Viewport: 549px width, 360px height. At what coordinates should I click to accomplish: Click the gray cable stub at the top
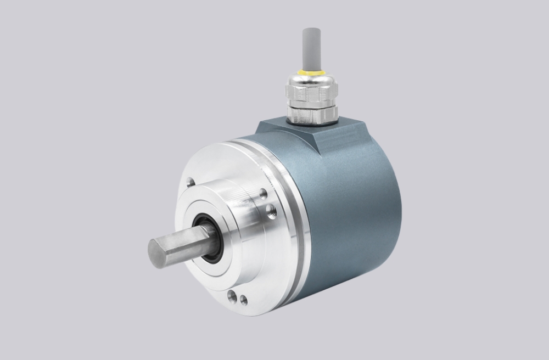tap(311, 47)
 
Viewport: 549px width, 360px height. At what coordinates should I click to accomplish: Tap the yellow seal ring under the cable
tap(311, 72)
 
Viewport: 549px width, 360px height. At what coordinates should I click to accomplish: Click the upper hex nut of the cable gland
tap(311, 94)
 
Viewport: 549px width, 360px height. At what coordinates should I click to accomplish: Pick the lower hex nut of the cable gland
tap(312, 113)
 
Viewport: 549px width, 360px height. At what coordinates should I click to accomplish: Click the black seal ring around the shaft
tap(214, 241)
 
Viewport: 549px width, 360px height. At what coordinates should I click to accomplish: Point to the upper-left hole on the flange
tap(191, 182)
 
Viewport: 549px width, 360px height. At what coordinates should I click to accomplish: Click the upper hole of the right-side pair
tap(264, 193)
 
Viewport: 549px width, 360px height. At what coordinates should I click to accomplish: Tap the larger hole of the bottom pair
tap(232, 297)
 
